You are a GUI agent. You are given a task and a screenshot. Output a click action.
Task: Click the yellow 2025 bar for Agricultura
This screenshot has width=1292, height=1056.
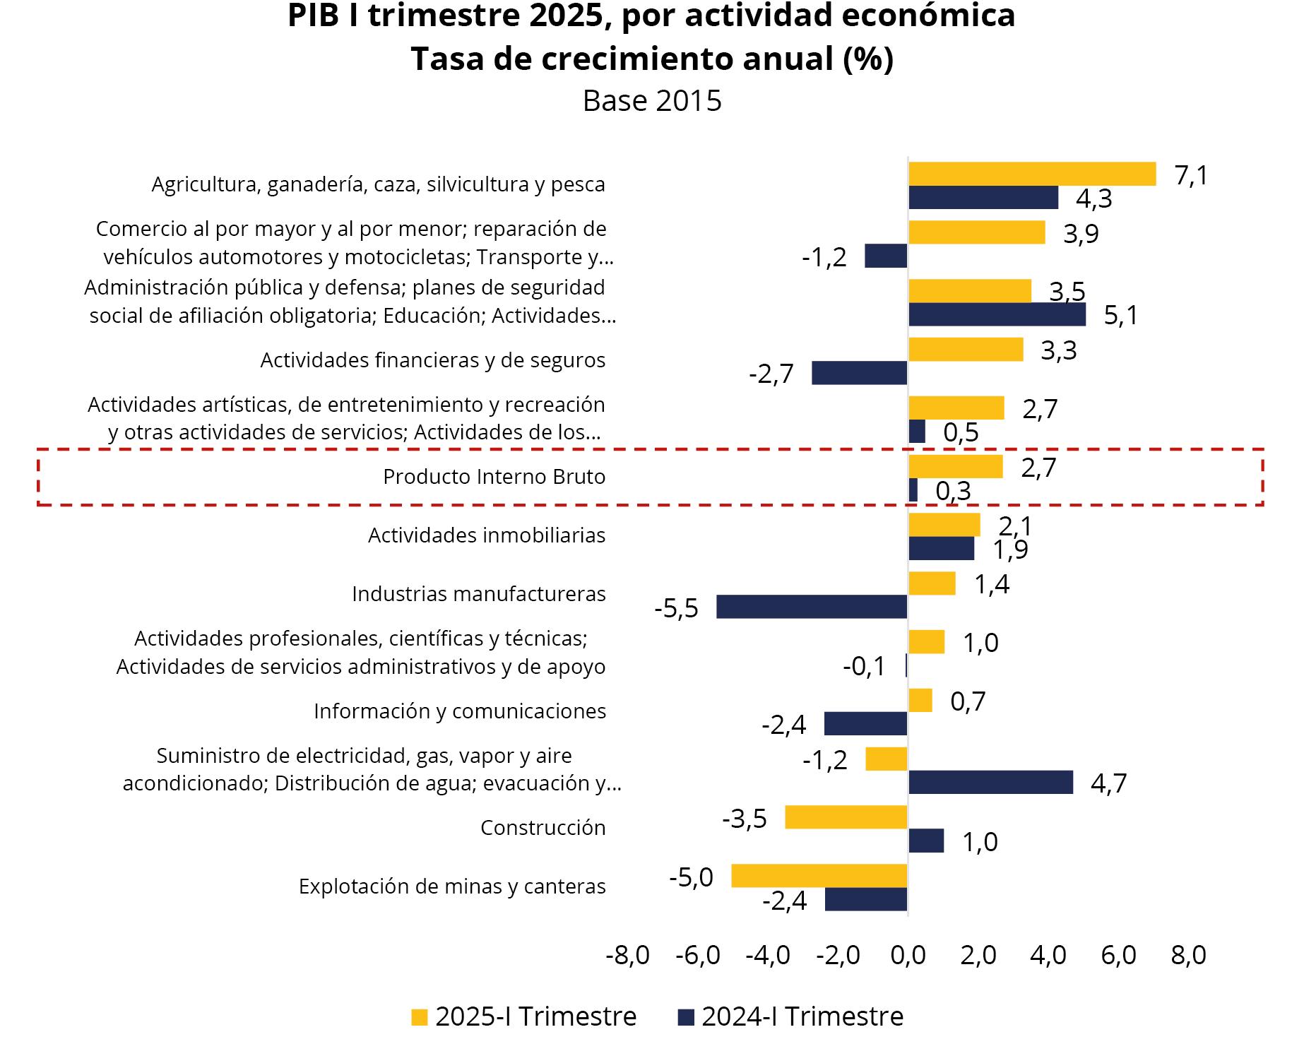point(1031,174)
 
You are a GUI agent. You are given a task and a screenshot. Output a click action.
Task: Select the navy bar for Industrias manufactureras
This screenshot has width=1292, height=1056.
point(812,607)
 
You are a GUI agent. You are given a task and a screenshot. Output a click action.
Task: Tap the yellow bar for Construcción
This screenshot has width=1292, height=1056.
point(846,817)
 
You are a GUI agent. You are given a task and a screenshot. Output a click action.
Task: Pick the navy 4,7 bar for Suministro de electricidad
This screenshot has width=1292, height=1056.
point(990,783)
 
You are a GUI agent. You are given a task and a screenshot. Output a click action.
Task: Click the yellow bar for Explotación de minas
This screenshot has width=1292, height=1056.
point(819,876)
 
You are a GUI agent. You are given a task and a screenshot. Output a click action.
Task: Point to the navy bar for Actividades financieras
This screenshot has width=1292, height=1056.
point(859,373)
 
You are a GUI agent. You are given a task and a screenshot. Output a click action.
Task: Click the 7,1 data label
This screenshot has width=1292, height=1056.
point(1191,175)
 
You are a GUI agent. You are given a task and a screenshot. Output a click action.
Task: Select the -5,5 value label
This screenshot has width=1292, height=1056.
point(676,608)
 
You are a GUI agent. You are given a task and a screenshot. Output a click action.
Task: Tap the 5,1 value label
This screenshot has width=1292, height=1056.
point(1121,315)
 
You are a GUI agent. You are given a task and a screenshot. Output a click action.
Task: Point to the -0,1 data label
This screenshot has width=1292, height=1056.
point(864,666)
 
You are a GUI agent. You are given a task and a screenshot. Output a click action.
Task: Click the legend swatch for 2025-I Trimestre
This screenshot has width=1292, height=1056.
point(420,1017)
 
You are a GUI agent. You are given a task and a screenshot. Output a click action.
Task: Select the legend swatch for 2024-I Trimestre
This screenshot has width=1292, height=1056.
point(686,1017)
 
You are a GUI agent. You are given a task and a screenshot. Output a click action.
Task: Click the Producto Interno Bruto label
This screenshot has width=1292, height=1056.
point(494,477)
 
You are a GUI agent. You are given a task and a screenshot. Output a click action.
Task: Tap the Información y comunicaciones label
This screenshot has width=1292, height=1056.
point(460,711)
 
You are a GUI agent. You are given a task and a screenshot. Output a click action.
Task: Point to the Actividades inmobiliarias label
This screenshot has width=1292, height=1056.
point(487,535)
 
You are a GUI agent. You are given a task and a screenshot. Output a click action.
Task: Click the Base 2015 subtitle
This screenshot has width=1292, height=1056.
point(652,101)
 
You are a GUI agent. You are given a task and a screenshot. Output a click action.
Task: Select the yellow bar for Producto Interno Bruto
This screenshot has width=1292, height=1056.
point(955,467)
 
